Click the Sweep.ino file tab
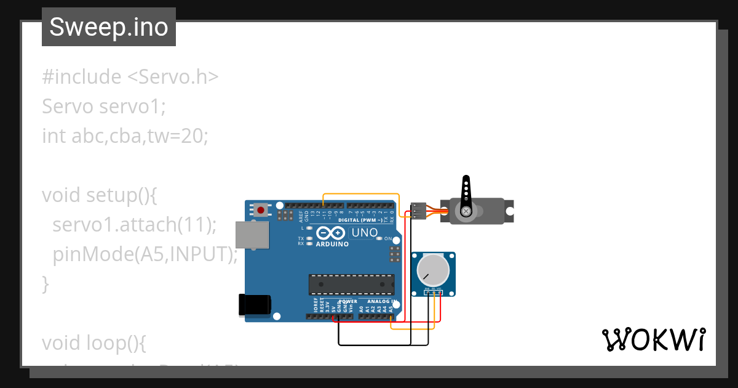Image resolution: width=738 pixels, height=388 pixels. click(x=109, y=27)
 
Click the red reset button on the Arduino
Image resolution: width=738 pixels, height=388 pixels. click(x=261, y=210)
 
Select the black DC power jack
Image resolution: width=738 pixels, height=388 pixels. click(x=254, y=304)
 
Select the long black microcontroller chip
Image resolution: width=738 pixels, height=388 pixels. click(x=351, y=285)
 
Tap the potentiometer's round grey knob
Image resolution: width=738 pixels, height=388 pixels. click(x=432, y=271)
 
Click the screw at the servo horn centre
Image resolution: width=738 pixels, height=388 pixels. click(x=466, y=211)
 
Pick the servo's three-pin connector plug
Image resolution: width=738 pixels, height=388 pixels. click(x=418, y=211)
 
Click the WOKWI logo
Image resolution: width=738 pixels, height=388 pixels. click(x=653, y=339)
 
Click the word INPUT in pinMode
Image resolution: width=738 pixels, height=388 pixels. click(x=199, y=254)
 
